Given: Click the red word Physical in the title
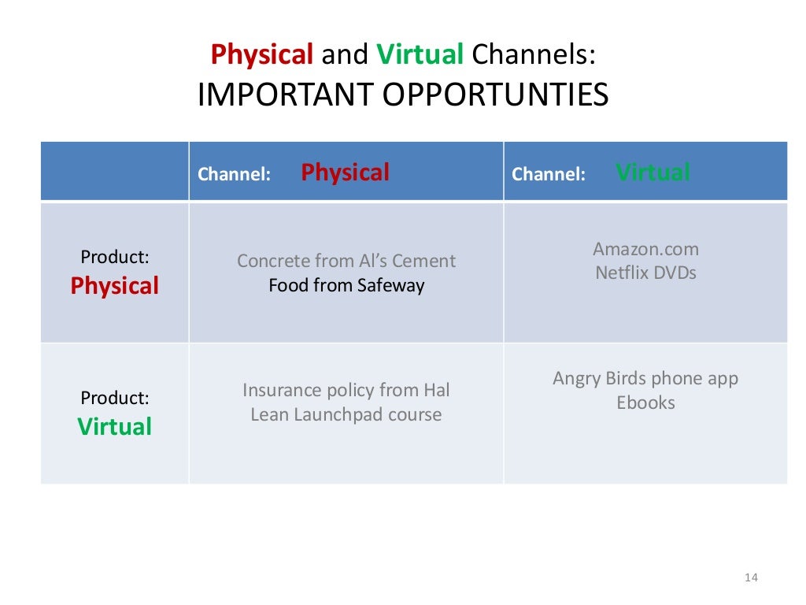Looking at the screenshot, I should [262, 54].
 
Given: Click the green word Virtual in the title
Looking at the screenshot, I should [420, 54].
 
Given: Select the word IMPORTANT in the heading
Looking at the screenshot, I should [287, 95].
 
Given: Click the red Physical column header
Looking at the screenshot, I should [345, 173].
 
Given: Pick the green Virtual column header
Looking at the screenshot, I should [653, 173].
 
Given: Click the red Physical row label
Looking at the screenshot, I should [114, 286].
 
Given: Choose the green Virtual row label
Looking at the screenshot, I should [114, 427].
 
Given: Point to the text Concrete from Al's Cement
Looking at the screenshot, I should [346, 261].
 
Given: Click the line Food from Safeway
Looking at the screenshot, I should [346, 285].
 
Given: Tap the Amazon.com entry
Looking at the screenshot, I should [645, 249].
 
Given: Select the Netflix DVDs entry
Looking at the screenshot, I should [645, 273].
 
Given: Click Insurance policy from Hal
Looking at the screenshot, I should [346, 390].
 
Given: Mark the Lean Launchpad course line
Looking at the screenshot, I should [346, 414].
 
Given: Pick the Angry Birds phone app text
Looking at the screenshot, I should [645, 378].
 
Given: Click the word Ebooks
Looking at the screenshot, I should [645, 403].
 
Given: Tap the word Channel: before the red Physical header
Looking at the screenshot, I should [234, 175].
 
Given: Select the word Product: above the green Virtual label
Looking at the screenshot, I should [115, 399].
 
